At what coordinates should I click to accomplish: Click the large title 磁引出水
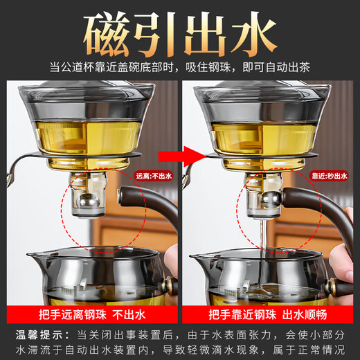click(180, 31)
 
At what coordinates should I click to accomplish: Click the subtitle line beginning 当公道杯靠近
click(180, 67)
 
